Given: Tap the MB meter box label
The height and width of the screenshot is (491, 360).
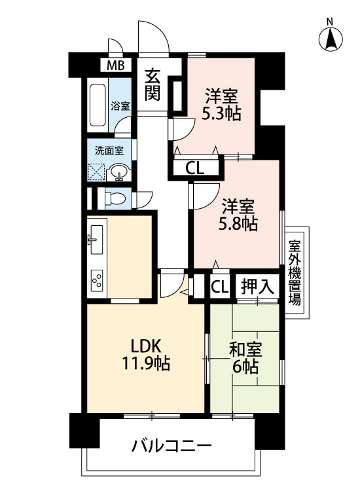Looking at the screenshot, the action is (116, 65).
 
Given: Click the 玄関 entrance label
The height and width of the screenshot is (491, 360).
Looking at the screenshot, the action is (153, 84).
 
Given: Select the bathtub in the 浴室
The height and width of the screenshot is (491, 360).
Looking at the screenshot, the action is (98, 105).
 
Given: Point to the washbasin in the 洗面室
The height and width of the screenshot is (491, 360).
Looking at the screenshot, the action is (118, 173).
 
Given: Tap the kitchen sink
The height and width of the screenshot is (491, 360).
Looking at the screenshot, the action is (95, 240).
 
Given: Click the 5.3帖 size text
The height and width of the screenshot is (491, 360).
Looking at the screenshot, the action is (221, 114).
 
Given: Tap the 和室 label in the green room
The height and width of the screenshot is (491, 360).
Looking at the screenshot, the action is (245, 350).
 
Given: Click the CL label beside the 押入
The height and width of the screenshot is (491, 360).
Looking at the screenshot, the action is (219, 287).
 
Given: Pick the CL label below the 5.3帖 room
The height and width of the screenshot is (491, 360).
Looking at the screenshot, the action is (194, 169).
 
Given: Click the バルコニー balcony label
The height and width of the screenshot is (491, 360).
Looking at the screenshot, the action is (171, 446).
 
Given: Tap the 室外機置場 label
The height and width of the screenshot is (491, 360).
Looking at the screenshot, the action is (295, 272).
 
